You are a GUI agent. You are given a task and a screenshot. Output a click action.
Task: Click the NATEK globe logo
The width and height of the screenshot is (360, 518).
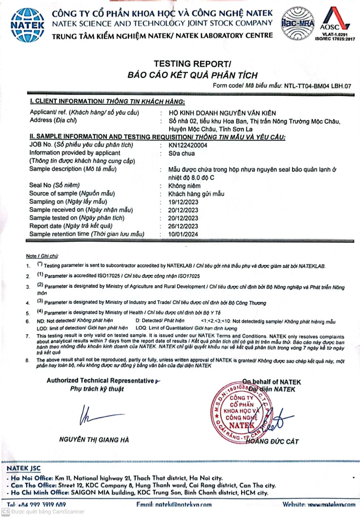click(x=27, y=24)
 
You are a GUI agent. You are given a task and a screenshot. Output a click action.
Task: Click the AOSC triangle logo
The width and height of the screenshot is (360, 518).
click(x=334, y=19)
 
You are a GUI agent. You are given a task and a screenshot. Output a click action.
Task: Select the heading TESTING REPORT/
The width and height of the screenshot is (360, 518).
click(x=192, y=64)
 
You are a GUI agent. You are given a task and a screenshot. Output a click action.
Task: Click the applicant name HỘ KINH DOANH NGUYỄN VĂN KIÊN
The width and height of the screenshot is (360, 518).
click(x=222, y=113)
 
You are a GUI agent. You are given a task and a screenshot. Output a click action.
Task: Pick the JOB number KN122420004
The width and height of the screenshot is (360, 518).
click(x=187, y=145)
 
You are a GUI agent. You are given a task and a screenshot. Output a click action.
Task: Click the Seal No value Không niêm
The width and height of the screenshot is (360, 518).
click(x=184, y=186)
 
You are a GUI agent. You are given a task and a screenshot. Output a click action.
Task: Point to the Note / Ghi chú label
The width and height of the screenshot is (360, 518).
click(x=42, y=256)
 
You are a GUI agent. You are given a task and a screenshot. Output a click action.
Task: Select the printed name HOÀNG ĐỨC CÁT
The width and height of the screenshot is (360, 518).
click(x=272, y=441)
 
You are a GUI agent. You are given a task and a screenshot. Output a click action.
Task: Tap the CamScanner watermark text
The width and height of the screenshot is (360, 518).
click(x=48, y=512)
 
